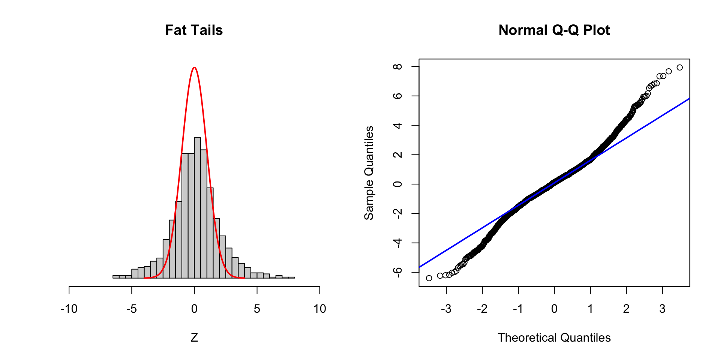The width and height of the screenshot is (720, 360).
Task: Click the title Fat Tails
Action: point(194,30)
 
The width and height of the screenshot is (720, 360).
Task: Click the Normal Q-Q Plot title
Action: point(554,30)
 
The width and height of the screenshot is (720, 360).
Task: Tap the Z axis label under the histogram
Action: point(194,337)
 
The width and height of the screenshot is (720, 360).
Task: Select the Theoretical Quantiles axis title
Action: point(554,337)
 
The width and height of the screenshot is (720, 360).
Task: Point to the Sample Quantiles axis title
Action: point(369,173)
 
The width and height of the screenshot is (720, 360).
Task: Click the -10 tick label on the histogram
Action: point(69,309)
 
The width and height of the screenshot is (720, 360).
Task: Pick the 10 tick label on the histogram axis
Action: point(319,309)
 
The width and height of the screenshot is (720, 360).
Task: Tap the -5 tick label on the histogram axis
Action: point(132,309)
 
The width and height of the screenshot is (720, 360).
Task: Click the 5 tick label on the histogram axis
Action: point(257,309)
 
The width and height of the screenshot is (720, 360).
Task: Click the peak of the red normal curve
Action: point(194,68)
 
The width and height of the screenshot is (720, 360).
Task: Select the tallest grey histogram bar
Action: point(197,206)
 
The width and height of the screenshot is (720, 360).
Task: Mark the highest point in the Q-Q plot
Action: point(679,67)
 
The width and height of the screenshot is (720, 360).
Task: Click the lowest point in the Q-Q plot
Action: point(429,278)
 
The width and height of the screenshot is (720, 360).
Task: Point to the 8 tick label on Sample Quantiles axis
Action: point(397,67)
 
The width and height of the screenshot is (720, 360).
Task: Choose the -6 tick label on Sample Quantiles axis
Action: point(397,271)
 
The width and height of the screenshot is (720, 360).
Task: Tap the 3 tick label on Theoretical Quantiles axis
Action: point(662,309)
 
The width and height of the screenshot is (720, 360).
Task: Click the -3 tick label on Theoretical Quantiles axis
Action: point(446,309)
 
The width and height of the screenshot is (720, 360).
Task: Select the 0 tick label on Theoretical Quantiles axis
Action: point(554,309)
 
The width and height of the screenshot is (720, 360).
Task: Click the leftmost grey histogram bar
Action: point(116,277)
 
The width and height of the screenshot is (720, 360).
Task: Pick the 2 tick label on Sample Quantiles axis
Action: point(397,154)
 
